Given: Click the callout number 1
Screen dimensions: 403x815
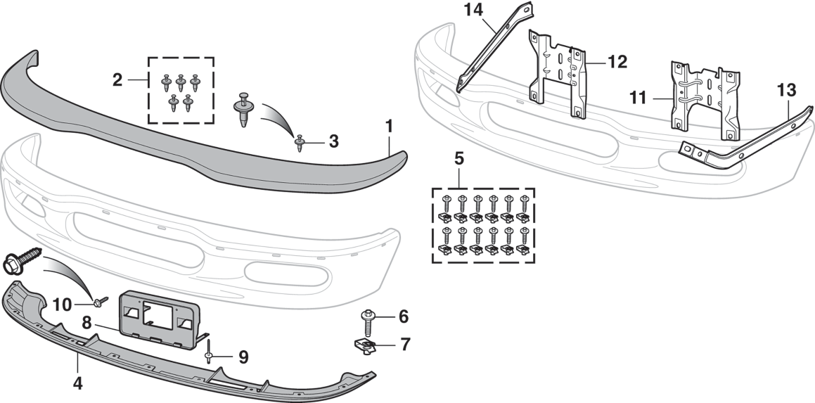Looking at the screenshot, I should (x=389, y=127).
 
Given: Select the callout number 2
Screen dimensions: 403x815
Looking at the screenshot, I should (x=117, y=79).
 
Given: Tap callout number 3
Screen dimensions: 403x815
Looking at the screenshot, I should (x=333, y=141).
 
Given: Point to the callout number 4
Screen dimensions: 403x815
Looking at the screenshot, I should (x=77, y=384).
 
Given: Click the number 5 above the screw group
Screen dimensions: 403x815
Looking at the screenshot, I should (x=458, y=158).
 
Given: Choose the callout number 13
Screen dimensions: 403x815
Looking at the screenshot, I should (x=785, y=90).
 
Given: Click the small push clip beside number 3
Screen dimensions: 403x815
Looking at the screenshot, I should (x=300, y=143).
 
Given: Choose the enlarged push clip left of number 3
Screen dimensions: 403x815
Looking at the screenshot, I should (x=243, y=108).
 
